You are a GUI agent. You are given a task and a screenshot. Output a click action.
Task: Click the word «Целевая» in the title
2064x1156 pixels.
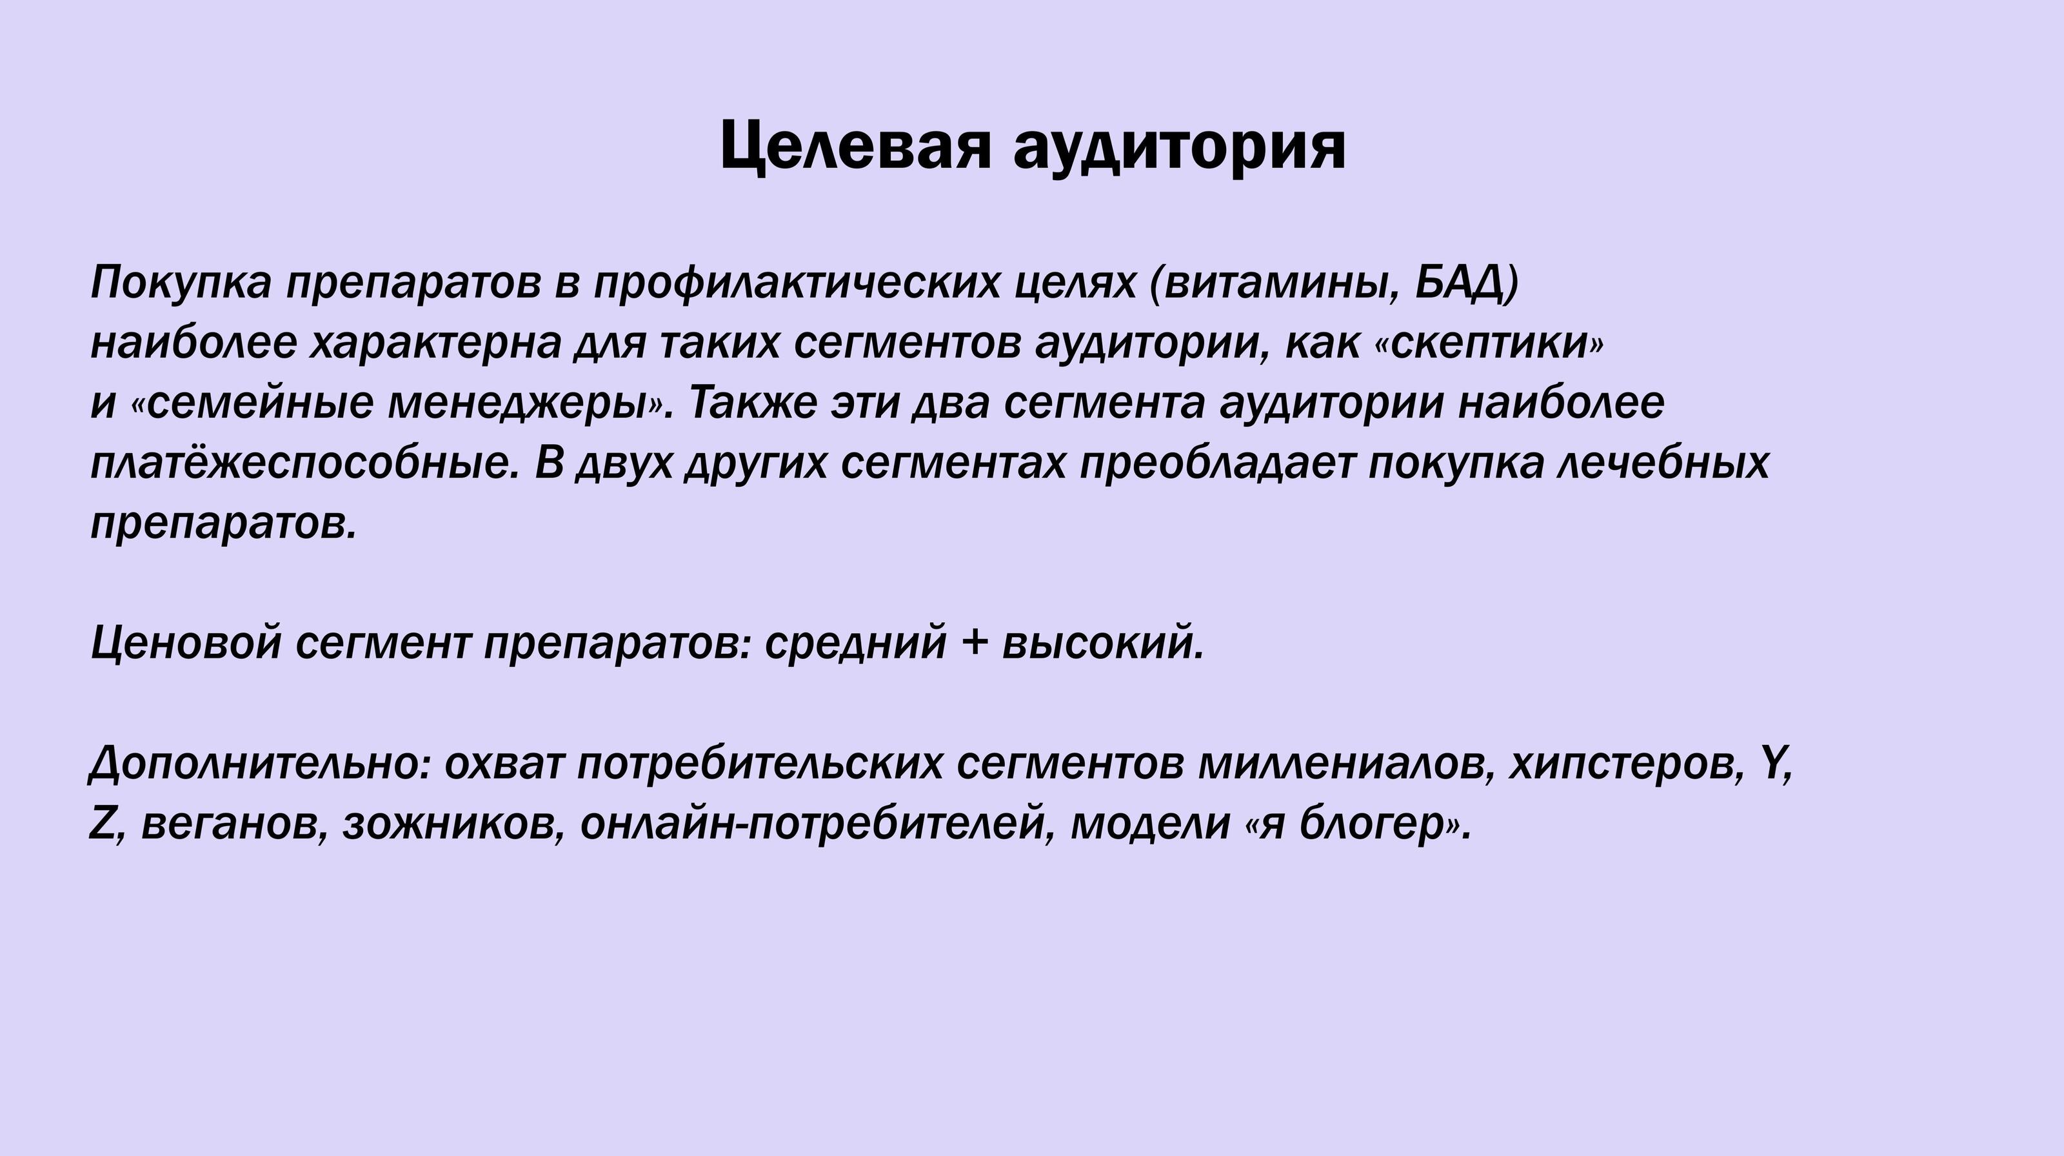(x=856, y=147)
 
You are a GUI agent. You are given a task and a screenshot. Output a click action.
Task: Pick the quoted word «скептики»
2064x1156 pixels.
(x=1491, y=344)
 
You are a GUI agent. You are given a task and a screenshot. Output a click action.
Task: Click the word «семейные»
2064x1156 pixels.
(x=261, y=404)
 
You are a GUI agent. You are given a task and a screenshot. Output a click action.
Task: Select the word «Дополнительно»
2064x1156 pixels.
(x=261, y=765)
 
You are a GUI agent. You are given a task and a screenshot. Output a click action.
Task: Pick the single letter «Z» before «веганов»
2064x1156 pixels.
(x=103, y=824)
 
